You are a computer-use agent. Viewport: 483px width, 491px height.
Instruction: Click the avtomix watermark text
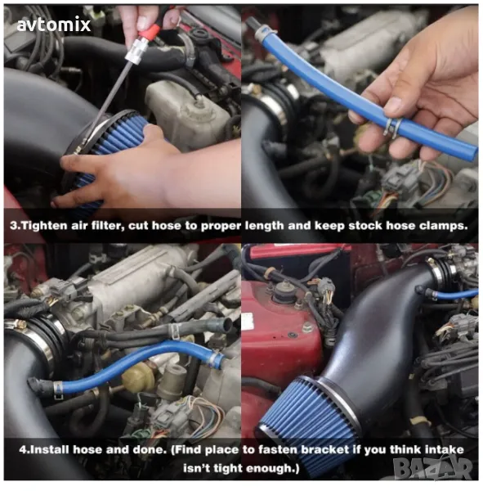[x=54, y=25]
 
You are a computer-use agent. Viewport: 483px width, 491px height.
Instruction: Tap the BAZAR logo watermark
[x=433, y=467]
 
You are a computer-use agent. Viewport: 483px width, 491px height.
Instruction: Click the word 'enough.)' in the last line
[x=272, y=468]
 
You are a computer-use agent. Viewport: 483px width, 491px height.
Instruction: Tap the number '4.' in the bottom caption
[x=24, y=450]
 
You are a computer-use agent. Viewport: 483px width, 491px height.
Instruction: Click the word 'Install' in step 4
[x=50, y=450]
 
